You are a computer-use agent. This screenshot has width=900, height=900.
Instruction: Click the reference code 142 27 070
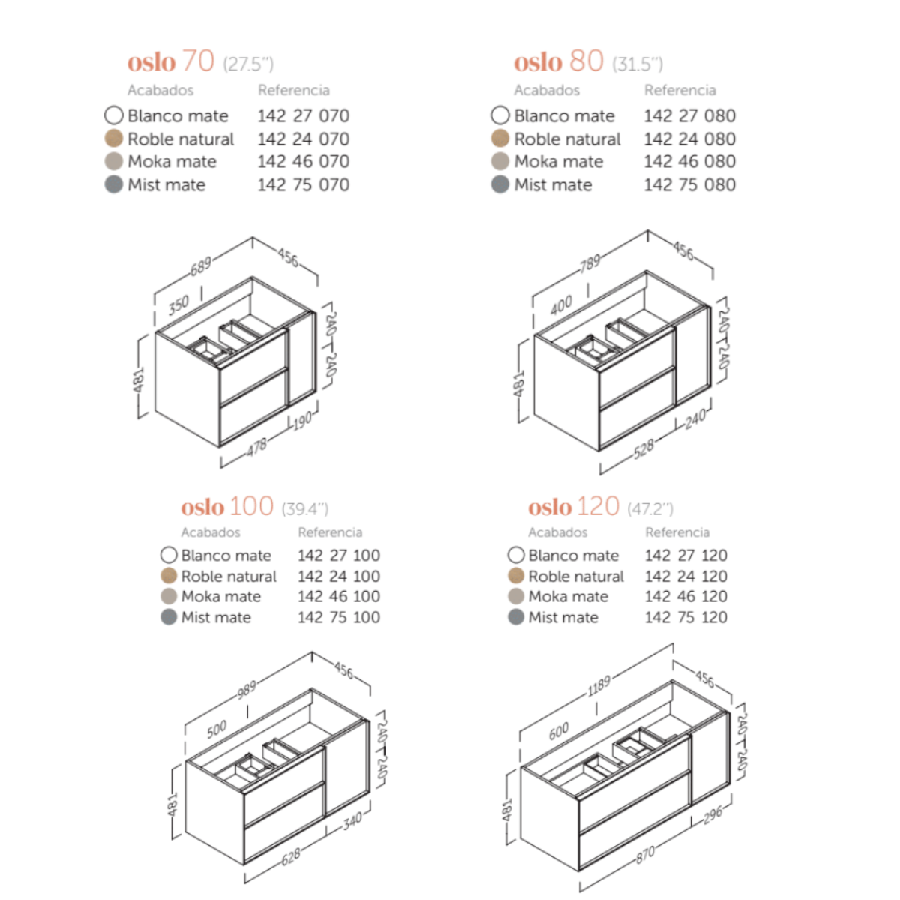(x=304, y=115)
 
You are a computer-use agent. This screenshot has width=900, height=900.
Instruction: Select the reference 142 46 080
(x=690, y=161)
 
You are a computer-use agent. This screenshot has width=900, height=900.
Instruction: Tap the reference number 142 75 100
(x=339, y=617)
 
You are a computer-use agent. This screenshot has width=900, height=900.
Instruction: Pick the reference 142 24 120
(x=686, y=576)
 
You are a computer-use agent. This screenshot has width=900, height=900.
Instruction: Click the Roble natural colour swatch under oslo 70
(x=113, y=139)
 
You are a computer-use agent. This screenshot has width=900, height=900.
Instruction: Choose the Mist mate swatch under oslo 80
(x=499, y=184)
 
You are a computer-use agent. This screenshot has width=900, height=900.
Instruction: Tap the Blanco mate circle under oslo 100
(x=169, y=555)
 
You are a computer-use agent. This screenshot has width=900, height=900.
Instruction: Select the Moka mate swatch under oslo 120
(x=515, y=596)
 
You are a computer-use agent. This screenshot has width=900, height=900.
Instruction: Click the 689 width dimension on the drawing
(x=201, y=266)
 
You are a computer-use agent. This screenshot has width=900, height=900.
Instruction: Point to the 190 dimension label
(x=303, y=421)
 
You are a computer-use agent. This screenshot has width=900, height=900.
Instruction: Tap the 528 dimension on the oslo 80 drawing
(x=644, y=449)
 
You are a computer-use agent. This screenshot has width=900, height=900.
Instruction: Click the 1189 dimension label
(x=599, y=686)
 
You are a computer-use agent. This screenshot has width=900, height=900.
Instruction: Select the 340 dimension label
(x=352, y=821)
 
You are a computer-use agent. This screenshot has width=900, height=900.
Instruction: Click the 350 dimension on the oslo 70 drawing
(x=178, y=304)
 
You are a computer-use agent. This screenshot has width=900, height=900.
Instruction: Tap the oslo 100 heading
(x=227, y=506)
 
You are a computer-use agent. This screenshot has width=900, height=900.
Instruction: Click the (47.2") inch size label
(x=650, y=508)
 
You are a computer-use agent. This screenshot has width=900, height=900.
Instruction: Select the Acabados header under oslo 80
(x=547, y=90)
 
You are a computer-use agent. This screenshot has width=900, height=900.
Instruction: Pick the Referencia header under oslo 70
(x=294, y=90)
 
